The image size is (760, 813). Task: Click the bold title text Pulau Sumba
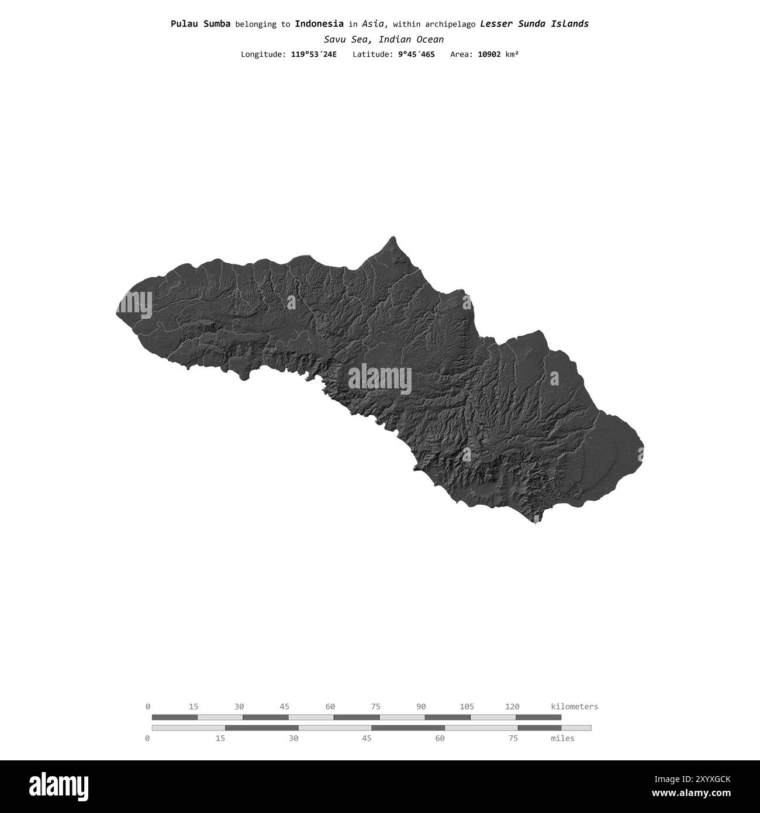pos(201,24)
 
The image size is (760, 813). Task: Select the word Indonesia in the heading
pos(319,24)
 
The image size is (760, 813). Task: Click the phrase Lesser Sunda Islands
pos(534,24)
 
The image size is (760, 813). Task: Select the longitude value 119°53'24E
pos(313,54)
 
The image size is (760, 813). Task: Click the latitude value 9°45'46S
pos(412,54)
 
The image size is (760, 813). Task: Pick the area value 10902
pos(489,54)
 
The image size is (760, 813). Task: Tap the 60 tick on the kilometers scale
pos(330,707)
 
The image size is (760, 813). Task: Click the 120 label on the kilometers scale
pos(512,707)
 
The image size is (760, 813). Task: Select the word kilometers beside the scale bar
pos(574,707)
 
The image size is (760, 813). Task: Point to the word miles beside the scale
pos(562,739)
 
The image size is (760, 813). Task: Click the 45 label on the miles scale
pos(367,739)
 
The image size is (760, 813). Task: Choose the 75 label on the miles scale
pos(513,739)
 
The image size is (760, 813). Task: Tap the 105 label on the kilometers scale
pos(467,707)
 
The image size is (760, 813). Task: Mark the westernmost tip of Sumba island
pos(118,314)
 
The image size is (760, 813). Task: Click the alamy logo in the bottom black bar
pos(59,786)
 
